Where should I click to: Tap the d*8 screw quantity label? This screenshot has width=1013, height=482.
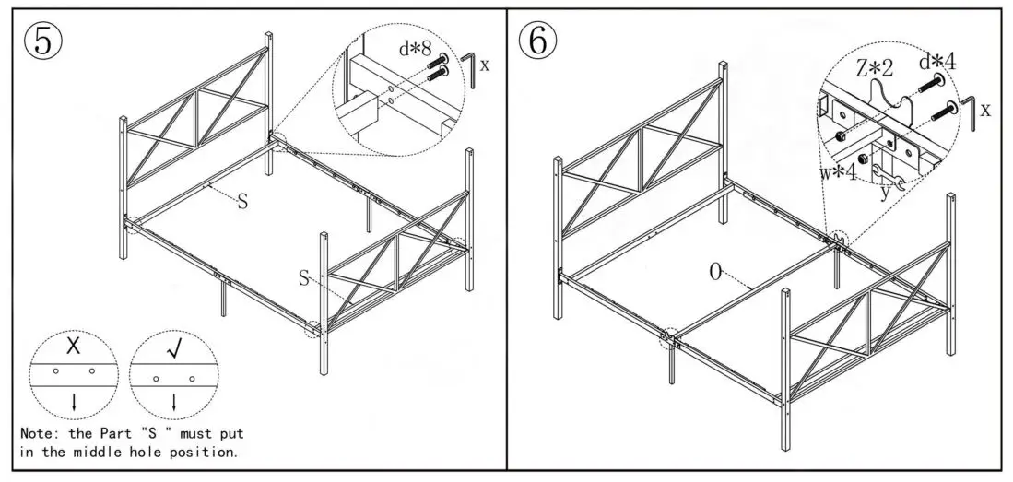coord(416,50)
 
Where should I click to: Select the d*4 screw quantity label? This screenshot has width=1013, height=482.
coord(936,62)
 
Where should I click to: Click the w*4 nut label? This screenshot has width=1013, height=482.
coord(837,170)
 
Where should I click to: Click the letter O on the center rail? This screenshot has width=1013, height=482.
coord(713,272)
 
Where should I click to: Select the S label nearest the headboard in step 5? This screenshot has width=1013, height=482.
coord(242,202)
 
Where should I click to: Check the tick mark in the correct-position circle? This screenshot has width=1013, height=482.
coord(174,349)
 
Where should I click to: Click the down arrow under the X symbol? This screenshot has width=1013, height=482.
coord(74,401)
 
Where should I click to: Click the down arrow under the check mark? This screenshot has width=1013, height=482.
coord(174,401)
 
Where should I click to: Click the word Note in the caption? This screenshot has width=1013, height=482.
coord(39,432)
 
